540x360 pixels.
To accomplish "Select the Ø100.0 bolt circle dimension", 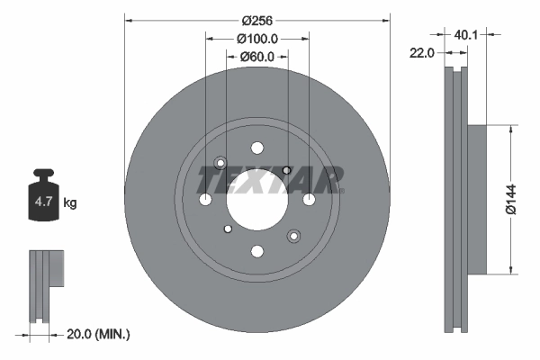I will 256,39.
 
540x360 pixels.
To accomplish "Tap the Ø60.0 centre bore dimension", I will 256,58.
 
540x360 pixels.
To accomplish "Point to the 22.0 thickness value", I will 422,53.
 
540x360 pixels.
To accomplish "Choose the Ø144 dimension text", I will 510,199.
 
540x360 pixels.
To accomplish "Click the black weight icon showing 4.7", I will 42,199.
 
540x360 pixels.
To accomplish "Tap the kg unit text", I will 70,203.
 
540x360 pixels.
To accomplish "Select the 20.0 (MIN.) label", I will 99,334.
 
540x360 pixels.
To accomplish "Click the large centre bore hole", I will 256,200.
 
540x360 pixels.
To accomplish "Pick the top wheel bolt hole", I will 257,148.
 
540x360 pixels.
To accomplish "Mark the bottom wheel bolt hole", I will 257,251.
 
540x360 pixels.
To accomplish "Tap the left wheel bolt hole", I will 205,200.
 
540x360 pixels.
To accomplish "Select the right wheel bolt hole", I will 309,200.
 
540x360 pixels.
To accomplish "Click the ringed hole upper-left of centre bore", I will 220,164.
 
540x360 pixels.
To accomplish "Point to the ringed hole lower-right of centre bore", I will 293,236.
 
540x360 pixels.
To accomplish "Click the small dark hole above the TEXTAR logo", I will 286,170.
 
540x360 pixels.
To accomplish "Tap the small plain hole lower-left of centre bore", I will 228,229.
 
